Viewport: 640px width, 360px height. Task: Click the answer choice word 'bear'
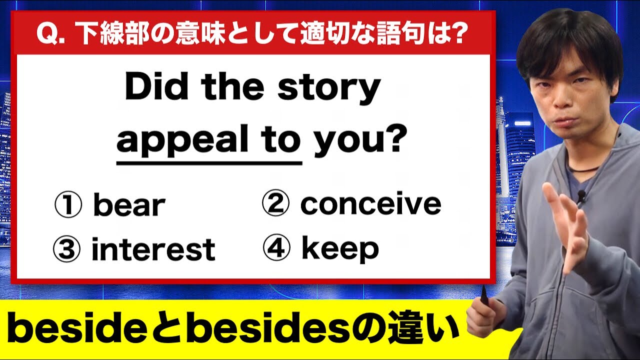pyautogui.click(x=129, y=205)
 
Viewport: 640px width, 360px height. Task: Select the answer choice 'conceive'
pyautogui.click(x=370, y=204)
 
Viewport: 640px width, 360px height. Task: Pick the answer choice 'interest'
pyautogui.click(x=153, y=250)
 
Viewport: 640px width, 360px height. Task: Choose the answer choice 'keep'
pyautogui.click(x=340, y=248)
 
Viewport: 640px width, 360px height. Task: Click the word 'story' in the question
pyautogui.click(x=329, y=88)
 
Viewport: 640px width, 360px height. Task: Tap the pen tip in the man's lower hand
pyautogui.click(x=483, y=290)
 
